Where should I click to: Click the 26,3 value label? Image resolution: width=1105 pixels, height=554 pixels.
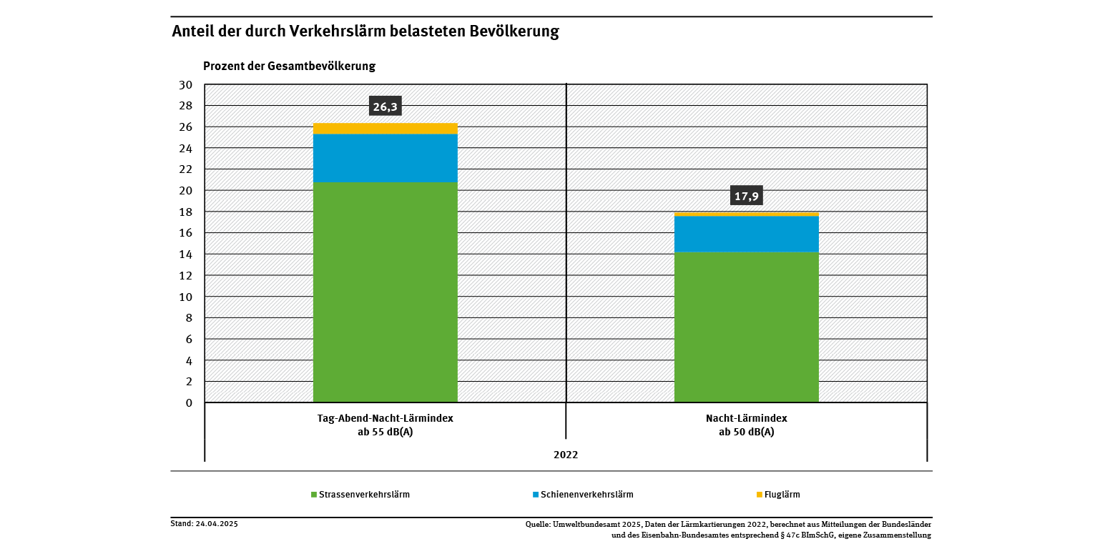pyautogui.click(x=385, y=107)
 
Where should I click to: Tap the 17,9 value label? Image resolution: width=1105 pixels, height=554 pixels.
pyautogui.click(x=746, y=196)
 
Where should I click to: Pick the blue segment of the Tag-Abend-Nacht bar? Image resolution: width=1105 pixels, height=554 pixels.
pyautogui.click(x=385, y=158)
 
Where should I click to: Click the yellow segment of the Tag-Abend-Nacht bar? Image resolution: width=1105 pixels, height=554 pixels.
pyautogui.click(x=385, y=129)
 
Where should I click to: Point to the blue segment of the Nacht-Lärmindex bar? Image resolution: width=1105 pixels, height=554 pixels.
pyautogui.click(x=746, y=234)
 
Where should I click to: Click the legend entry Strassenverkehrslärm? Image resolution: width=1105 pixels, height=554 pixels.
pyautogui.click(x=363, y=495)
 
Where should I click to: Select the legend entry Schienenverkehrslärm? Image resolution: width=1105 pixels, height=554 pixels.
pyautogui.click(x=586, y=495)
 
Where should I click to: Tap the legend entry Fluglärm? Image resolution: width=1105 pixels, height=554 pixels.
pyautogui.click(x=781, y=495)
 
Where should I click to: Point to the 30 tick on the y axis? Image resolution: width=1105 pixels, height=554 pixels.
pyautogui.click(x=185, y=85)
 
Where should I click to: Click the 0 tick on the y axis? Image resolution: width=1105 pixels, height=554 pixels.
pyautogui.click(x=189, y=403)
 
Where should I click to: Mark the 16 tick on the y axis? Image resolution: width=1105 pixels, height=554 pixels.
pyautogui.click(x=185, y=233)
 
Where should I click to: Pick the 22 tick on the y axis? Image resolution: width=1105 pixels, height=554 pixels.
pyautogui.click(x=185, y=169)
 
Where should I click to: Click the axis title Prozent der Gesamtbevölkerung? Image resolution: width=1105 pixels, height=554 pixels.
pyautogui.click(x=289, y=66)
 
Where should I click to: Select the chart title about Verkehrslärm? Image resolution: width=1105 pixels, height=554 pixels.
pyautogui.click(x=365, y=31)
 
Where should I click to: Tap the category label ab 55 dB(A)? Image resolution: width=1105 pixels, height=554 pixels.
pyautogui.click(x=385, y=432)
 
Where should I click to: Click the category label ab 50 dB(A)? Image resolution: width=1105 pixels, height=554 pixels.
pyautogui.click(x=746, y=432)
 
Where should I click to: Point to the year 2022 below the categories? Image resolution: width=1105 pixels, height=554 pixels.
pyautogui.click(x=565, y=455)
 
